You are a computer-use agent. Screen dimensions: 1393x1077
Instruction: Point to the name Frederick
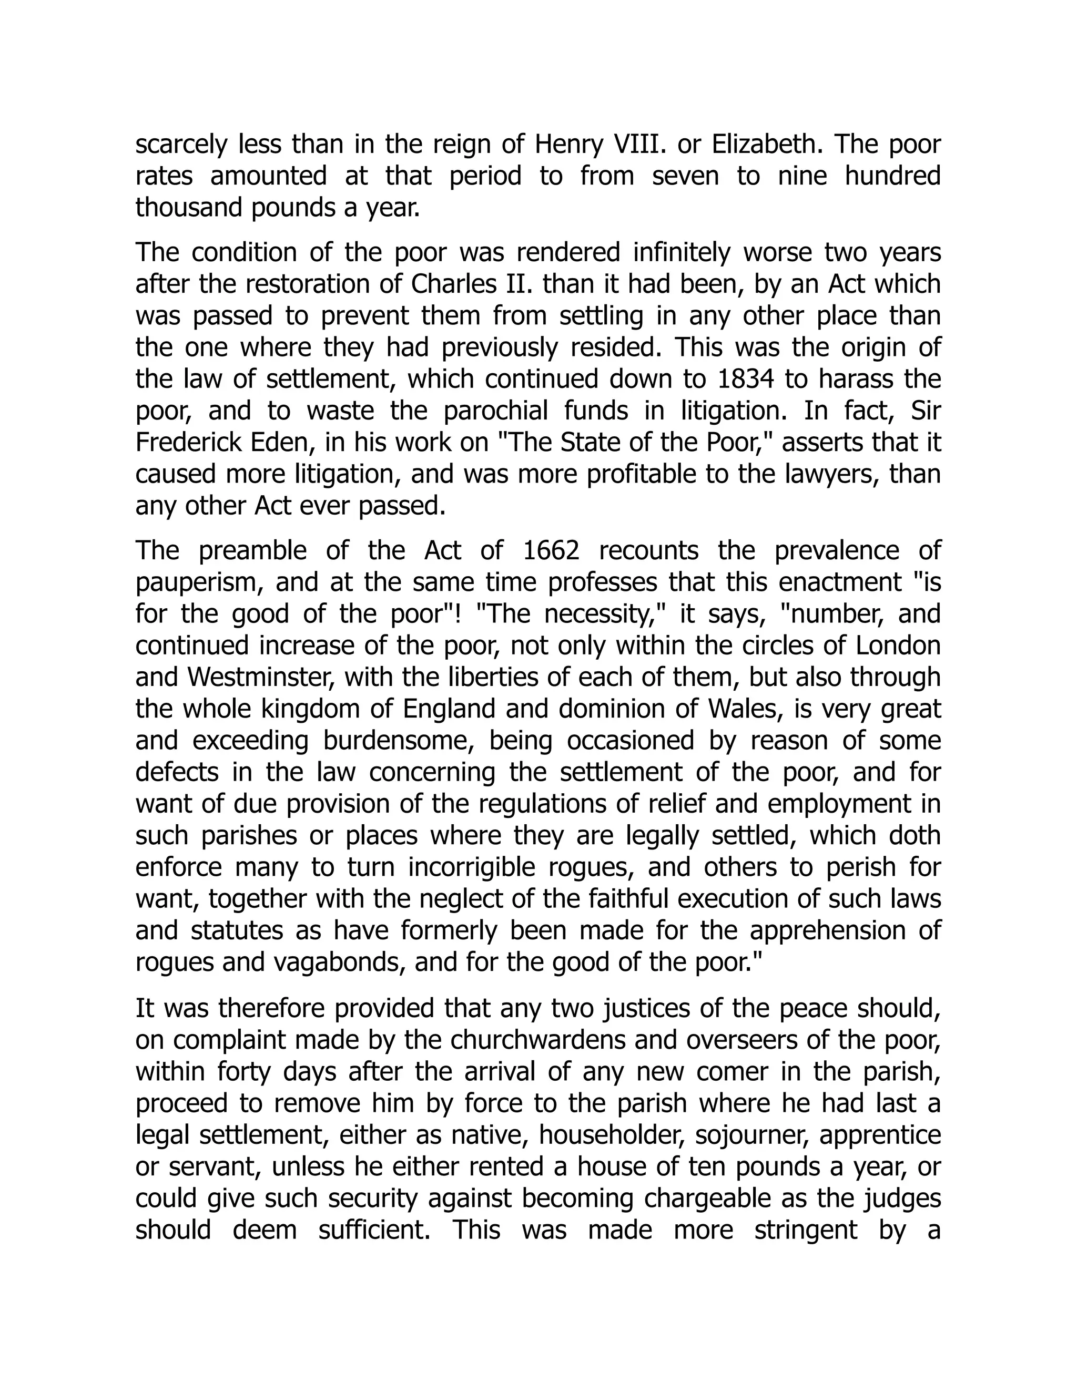coord(191,443)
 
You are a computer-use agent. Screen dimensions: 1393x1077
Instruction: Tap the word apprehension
coord(826,930)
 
